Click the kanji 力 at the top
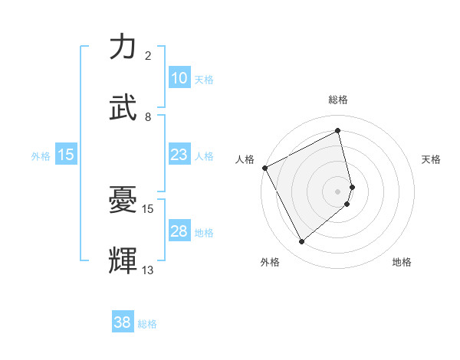tap(123, 47)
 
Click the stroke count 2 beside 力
tap(148, 56)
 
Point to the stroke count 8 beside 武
tap(148, 117)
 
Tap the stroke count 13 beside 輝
tap(148, 270)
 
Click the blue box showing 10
tap(179, 78)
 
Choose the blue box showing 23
tap(179, 155)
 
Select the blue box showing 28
tap(179, 231)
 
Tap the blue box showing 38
tap(123, 323)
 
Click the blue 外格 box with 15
tap(66, 155)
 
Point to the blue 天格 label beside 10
tap(204, 79)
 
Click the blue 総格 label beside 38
tap(147, 324)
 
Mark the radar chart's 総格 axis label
tap(338, 100)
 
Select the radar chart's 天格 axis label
tap(432, 159)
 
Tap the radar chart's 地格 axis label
tap(402, 263)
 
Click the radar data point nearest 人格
tap(264, 168)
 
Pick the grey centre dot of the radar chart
tap(338, 191)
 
